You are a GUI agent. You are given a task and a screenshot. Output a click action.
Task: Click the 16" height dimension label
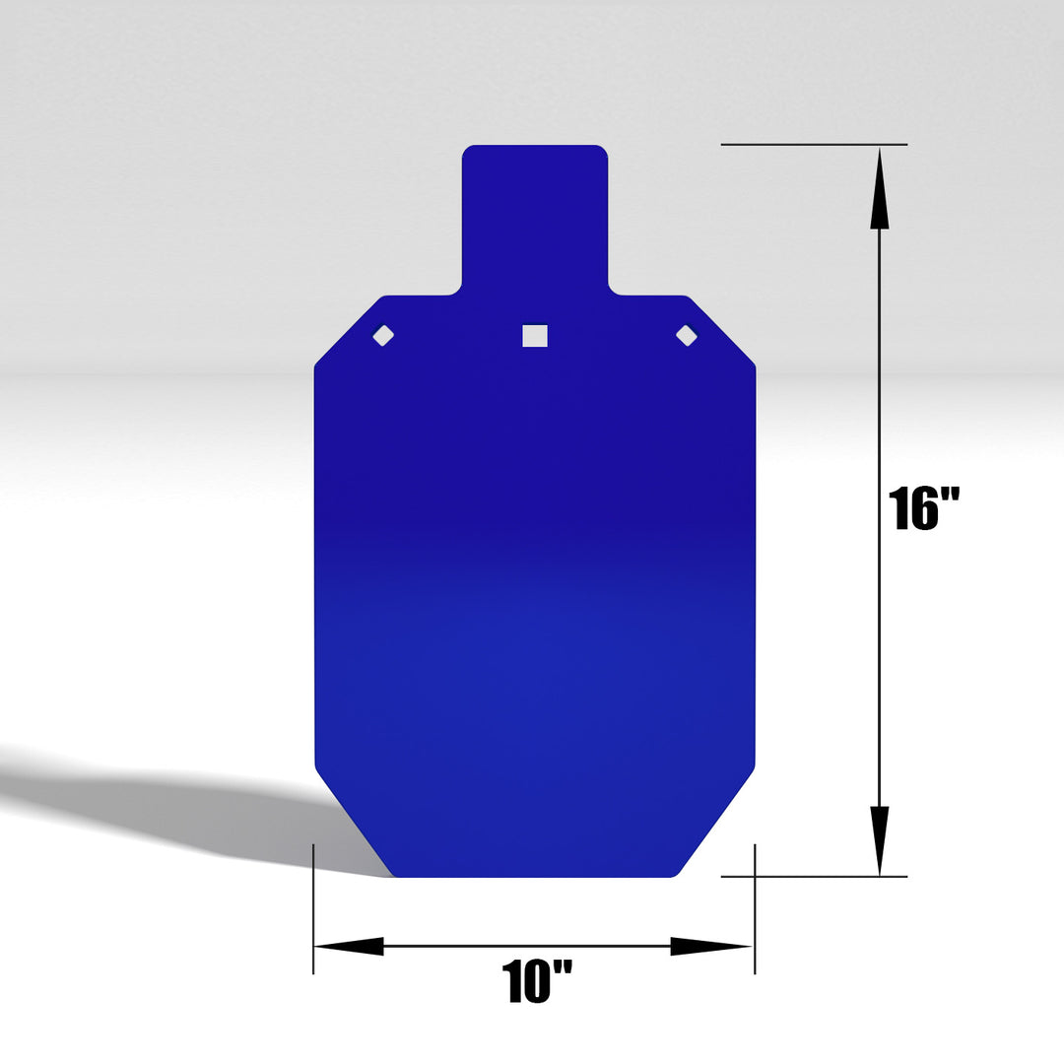click(x=923, y=508)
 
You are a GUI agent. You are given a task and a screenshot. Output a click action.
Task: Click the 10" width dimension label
click(x=537, y=981)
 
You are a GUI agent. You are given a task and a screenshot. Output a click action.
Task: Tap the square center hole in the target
click(x=534, y=336)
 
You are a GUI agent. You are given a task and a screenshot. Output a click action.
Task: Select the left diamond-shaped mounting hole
click(x=383, y=335)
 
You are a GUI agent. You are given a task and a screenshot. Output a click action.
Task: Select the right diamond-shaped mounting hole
click(x=687, y=335)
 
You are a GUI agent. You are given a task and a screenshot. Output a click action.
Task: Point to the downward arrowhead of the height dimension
click(x=880, y=837)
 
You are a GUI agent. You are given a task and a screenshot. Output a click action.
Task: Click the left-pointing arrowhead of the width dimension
click(x=350, y=946)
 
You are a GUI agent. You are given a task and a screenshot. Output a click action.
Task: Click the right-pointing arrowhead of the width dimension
click(x=711, y=946)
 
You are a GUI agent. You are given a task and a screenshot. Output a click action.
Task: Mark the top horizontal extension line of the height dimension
click(x=813, y=145)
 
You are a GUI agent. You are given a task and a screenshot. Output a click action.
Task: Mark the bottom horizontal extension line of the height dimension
click(x=813, y=876)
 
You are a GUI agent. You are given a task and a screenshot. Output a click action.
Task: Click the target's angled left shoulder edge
click(x=348, y=331)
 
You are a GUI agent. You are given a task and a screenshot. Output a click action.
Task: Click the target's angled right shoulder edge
click(x=722, y=331)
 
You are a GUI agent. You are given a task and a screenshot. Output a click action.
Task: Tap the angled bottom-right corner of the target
click(x=717, y=822)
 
